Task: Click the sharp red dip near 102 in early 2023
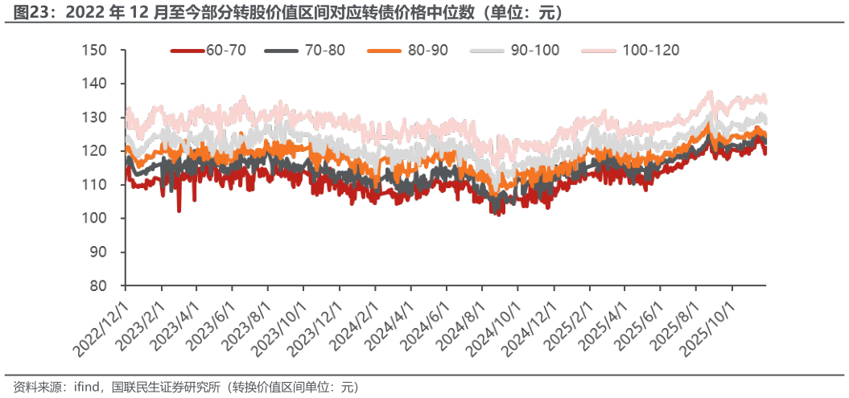click(x=179, y=211)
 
